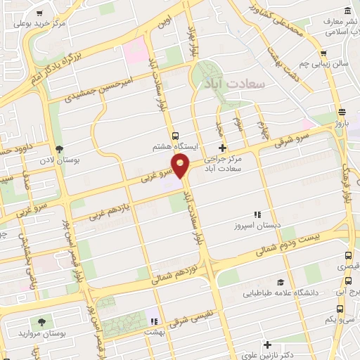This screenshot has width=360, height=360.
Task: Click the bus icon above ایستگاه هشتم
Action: [175, 136]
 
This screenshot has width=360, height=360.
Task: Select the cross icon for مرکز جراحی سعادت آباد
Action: [223, 148]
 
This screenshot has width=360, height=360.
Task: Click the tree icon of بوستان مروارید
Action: [43, 321]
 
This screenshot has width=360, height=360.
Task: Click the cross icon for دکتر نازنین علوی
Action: [267, 345]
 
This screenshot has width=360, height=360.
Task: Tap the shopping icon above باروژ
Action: [342, 112]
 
